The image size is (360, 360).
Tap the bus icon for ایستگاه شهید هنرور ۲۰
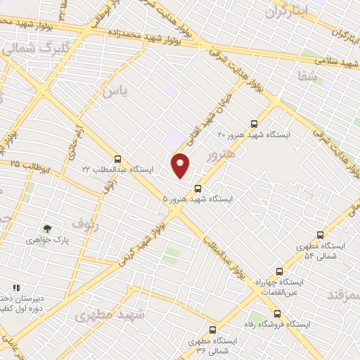coord(254,122)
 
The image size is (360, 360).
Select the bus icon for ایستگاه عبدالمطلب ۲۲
coord(117,159)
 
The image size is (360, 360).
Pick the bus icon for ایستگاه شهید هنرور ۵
coord(198,188)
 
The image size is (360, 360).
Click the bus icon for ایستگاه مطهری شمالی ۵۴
coord(321,236)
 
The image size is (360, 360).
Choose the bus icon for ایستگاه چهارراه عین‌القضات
coord(279,271)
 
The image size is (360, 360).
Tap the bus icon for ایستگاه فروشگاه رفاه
coord(276,314)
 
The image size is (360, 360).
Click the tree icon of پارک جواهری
coord(47,229)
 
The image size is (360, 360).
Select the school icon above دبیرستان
coord(16,288)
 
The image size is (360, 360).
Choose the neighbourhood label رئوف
coord(83,224)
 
